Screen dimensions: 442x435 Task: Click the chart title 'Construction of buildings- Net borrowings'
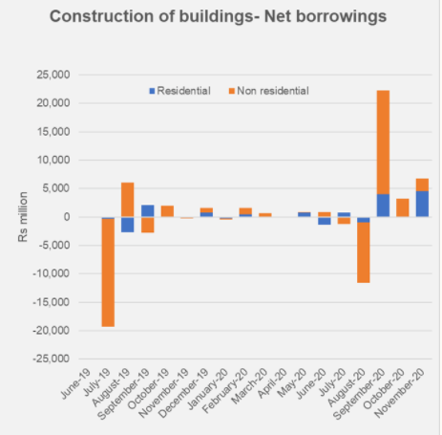(x=218, y=16)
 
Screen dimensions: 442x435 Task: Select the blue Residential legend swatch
(x=152, y=91)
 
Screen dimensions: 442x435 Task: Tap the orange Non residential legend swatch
(x=232, y=91)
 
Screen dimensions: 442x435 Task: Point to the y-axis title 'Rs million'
(x=23, y=217)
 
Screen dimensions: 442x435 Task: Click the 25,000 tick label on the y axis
(x=53, y=75)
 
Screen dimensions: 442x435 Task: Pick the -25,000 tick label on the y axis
(x=52, y=359)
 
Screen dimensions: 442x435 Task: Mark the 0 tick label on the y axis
(x=67, y=217)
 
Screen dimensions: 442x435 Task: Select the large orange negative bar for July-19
(x=108, y=272)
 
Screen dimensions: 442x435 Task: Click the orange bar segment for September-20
(x=383, y=142)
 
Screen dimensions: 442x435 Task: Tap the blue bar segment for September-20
(x=383, y=206)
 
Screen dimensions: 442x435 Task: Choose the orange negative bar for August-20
(x=364, y=252)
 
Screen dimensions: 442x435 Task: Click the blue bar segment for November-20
(x=422, y=204)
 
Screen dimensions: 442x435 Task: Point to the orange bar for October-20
(x=403, y=207)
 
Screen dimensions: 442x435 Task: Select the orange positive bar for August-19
(x=128, y=200)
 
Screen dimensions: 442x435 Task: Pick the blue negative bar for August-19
(x=128, y=225)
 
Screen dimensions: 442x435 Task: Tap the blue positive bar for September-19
(x=148, y=211)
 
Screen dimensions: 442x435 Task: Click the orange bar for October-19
(x=167, y=211)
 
